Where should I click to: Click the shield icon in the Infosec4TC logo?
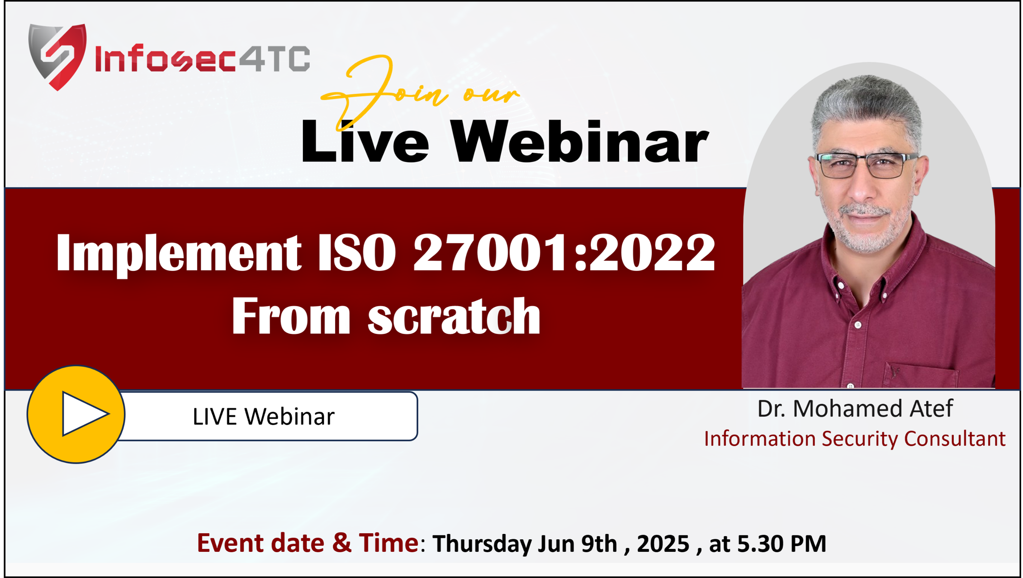coord(58,57)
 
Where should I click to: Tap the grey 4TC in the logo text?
coord(274,58)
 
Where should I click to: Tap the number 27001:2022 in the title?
coord(564,253)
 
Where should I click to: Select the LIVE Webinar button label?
coord(263,416)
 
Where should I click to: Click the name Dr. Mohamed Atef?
coord(855,408)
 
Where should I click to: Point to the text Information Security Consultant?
coord(854,438)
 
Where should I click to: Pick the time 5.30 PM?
coord(782,544)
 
